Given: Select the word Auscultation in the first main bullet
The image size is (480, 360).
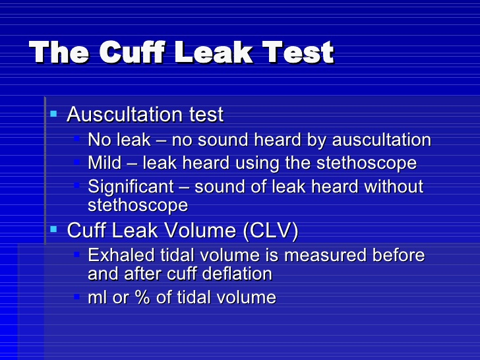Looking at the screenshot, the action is (125, 115).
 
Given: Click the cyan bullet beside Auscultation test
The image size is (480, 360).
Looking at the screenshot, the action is (53, 114).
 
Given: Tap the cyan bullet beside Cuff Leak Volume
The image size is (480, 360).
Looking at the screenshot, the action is (53, 229).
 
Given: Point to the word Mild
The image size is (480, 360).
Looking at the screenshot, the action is (105, 163).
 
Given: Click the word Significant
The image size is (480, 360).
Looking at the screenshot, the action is (131, 187).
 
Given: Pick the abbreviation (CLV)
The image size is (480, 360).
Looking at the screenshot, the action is (270, 230).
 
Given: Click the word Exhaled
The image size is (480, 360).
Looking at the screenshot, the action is (121, 255).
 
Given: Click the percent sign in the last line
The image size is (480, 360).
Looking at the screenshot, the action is (142, 297).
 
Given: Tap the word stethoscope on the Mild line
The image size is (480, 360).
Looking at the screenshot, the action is (367, 164).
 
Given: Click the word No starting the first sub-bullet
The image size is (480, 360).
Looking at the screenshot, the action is (99, 140).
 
